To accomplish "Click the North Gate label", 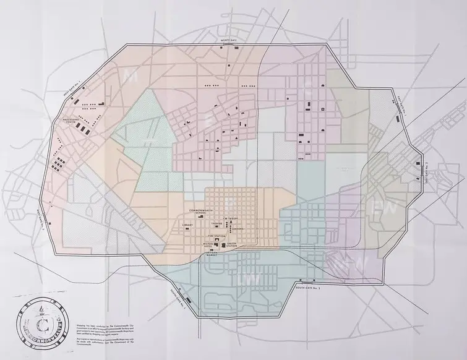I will [230, 40].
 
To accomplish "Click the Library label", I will [187, 225].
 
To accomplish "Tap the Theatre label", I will [217, 224].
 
